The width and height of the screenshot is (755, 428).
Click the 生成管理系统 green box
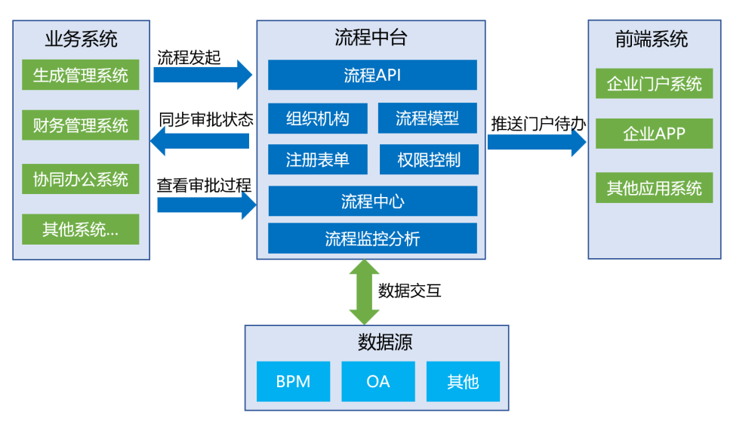81,75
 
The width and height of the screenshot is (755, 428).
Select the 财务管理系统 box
81,125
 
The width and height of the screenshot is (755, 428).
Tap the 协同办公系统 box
81,179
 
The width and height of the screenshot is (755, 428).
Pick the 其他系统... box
81,229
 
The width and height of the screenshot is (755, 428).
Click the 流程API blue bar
372,75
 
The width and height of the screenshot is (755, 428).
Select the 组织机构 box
318,118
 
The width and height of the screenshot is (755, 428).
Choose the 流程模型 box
427,118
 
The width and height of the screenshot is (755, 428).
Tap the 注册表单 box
318,159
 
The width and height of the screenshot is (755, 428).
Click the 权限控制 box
429,159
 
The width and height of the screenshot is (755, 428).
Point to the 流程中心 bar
373,202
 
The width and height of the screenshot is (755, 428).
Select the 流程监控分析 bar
372,238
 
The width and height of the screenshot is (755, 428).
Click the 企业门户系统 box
654,83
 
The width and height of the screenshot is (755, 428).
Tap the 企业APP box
654,134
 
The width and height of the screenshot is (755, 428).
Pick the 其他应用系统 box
654,188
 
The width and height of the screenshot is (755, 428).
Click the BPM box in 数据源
293,381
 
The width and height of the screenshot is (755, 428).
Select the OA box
378,381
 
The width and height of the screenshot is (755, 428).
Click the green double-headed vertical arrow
364,292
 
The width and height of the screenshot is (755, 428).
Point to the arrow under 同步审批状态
200,141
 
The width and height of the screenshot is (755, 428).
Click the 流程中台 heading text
371,38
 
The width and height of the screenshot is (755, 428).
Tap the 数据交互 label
409,291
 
